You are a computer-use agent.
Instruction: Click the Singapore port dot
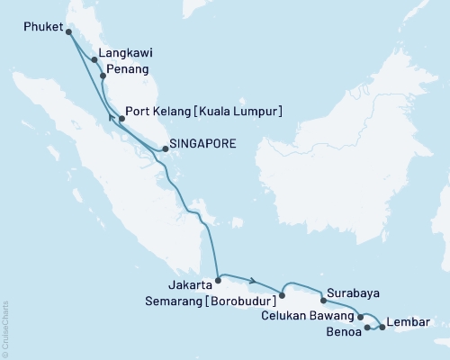point(163,149)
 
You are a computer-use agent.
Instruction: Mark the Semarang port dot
point(282,293)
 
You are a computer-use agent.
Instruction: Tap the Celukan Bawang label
point(309,315)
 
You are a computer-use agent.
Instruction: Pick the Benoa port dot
point(367,329)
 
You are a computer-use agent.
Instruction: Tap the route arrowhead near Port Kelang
point(112,117)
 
